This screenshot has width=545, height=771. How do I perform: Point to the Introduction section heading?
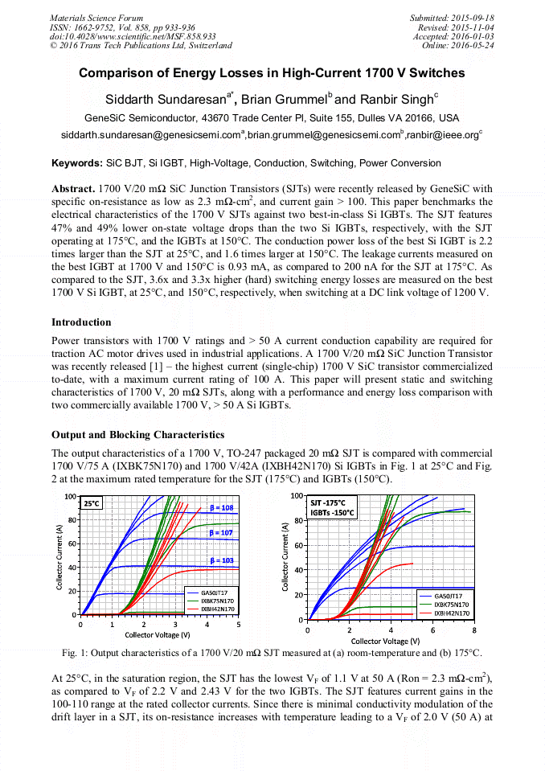pos(83,322)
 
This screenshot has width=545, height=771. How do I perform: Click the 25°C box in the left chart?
pos(91,502)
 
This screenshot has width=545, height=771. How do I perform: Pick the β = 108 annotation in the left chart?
pos(222,508)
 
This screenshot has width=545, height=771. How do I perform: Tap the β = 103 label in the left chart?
pos(222,560)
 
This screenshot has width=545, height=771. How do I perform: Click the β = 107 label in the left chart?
pos(222,533)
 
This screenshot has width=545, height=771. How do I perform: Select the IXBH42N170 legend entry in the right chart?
pos(451,613)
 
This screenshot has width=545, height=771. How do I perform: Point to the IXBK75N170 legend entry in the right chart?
pos(451,604)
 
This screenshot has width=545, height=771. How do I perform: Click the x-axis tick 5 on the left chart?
pos(239,625)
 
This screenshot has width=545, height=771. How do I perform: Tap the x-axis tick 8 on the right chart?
pos(474,630)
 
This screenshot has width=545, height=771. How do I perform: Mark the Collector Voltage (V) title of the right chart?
pos(385,641)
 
